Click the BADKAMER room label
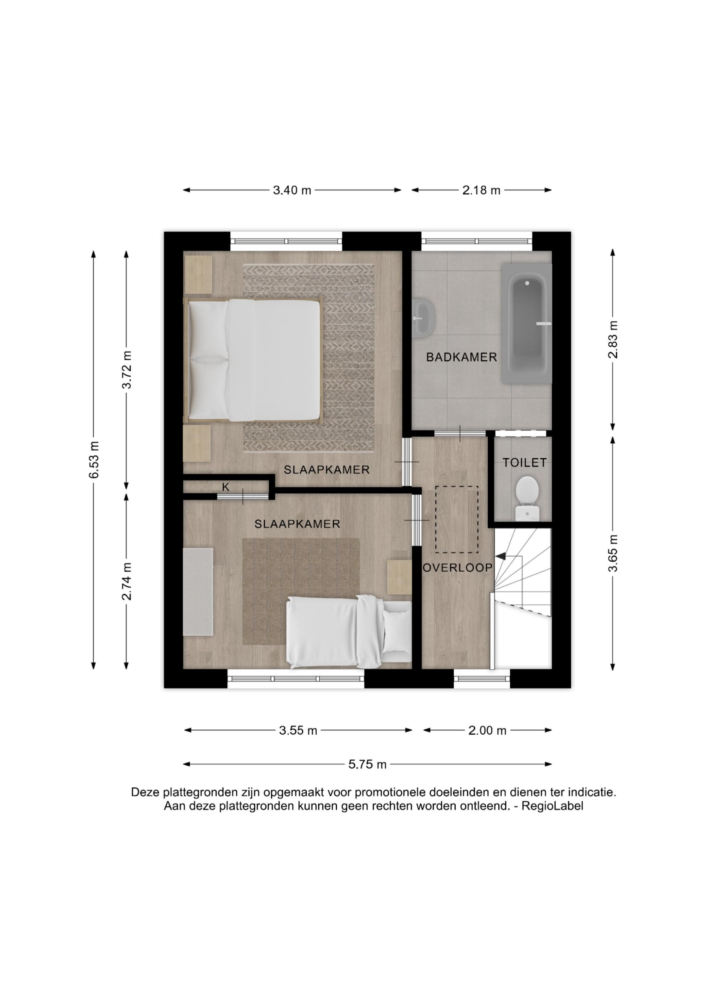coord(461,357)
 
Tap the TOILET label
coord(525,463)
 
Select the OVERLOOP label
coord(458,568)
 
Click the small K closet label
coord(225,487)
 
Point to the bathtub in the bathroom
coord(527,323)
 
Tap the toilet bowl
coord(527,498)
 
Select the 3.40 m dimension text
coord(292,190)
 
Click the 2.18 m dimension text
coord(481,190)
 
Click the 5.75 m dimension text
coord(367,764)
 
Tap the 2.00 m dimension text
coord(487,731)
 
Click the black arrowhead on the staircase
coord(500,556)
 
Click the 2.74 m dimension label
coord(126,581)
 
